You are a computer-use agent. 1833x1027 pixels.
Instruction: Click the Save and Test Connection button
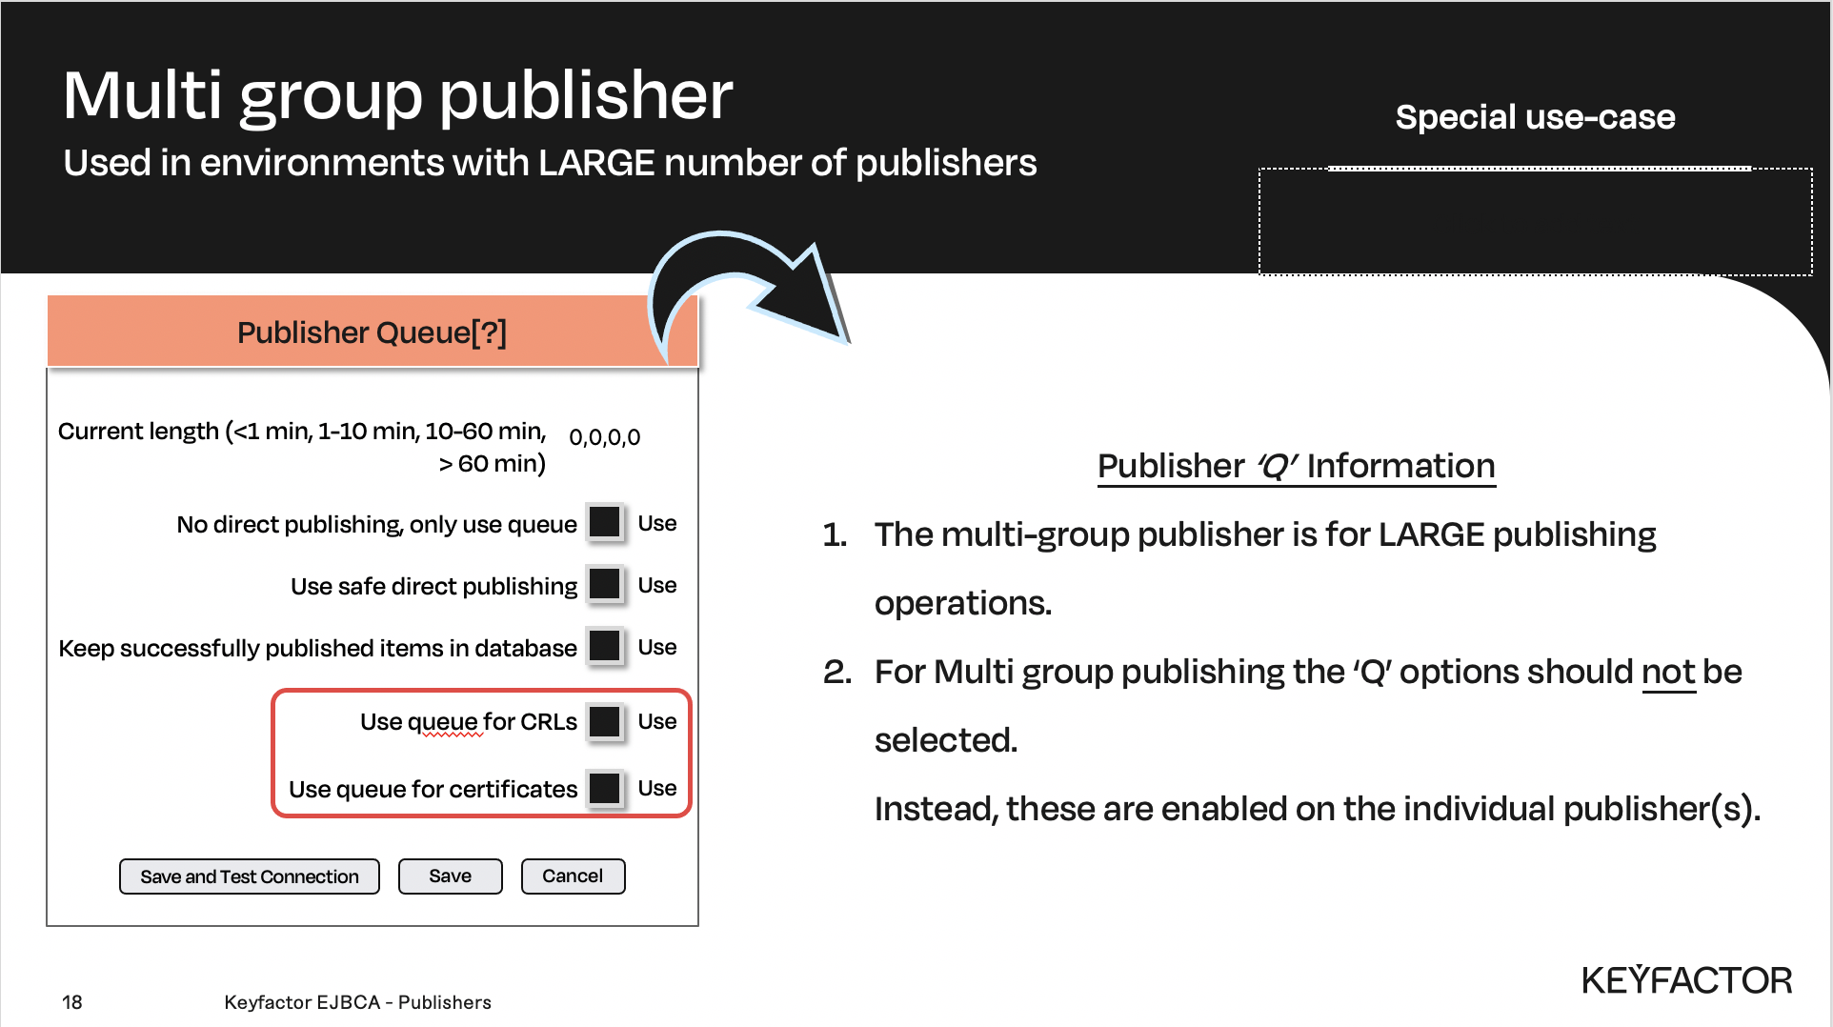(x=250, y=876)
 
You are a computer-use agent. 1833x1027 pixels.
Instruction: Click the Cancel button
(x=573, y=876)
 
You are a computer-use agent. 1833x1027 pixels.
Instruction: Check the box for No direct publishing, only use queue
(x=605, y=523)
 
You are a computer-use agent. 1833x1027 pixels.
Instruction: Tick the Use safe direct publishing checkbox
(x=605, y=585)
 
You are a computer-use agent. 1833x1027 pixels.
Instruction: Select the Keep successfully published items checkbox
(x=605, y=647)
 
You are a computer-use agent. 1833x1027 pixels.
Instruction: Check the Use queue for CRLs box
(x=605, y=721)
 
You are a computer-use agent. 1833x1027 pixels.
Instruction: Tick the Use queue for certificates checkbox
(x=605, y=788)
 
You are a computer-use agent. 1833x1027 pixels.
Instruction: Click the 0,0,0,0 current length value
(x=604, y=437)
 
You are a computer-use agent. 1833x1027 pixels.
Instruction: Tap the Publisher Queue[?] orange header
(x=373, y=332)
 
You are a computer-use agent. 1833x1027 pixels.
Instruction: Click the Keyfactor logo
(x=1686, y=979)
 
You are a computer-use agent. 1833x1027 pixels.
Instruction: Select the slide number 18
(x=72, y=1002)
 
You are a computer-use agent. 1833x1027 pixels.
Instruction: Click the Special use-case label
(x=1535, y=117)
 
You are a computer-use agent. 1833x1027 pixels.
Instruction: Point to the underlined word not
(x=1668, y=672)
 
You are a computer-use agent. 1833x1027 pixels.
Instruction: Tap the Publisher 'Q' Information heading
(x=1297, y=466)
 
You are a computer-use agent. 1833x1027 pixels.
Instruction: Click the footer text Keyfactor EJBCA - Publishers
(x=358, y=1002)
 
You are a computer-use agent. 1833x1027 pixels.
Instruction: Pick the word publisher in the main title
(x=586, y=96)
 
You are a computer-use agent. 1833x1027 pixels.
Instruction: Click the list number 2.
(x=836, y=672)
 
